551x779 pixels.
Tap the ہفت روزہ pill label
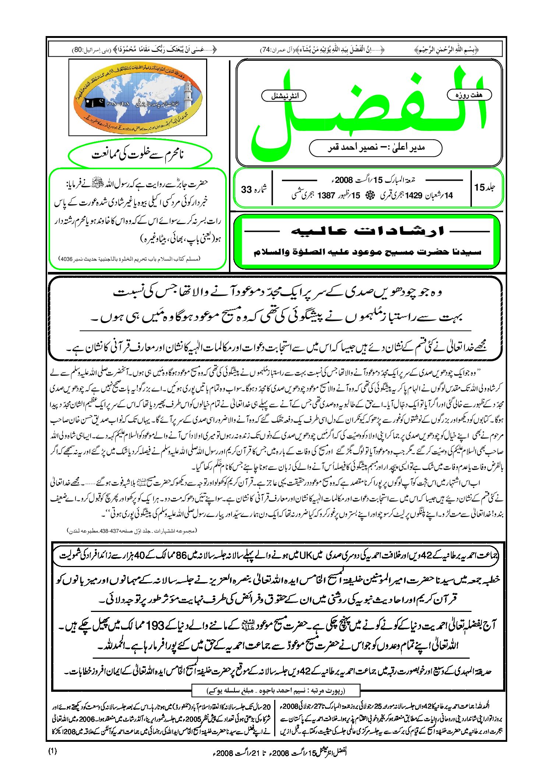coord(469,95)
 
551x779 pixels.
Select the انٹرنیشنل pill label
coord(284,96)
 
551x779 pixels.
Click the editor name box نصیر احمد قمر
coord(375,148)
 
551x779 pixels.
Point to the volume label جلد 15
coord(484,187)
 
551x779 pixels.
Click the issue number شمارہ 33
coord(254,189)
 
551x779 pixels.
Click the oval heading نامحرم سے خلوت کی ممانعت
coord(139,155)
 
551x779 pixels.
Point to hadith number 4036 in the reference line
coord(66,259)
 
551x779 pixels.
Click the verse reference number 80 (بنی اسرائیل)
coord(77,50)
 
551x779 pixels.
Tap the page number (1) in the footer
coord(53,751)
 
